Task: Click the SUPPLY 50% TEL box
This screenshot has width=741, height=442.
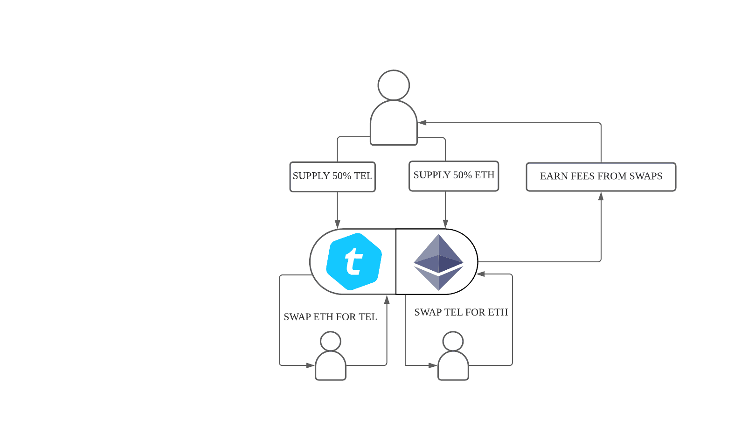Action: tap(332, 176)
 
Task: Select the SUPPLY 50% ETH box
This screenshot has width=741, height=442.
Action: tap(454, 176)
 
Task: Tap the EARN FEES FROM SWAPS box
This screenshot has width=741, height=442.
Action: tap(601, 176)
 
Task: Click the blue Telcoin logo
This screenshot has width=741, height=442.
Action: tap(354, 261)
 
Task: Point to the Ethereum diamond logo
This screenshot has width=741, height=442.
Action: tap(438, 262)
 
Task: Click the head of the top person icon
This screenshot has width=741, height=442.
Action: tap(394, 85)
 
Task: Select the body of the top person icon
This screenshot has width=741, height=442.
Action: tap(394, 124)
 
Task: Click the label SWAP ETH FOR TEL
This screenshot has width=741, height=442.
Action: tap(330, 317)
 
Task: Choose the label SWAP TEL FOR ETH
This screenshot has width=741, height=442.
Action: tap(461, 312)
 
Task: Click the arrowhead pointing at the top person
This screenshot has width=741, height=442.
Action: tap(422, 123)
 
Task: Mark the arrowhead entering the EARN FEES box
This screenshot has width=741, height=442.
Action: tap(601, 196)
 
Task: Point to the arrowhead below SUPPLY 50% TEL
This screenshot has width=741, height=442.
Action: tap(337, 224)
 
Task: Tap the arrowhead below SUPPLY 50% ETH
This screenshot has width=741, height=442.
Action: tap(446, 223)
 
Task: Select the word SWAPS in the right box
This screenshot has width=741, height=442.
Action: tap(645, 176)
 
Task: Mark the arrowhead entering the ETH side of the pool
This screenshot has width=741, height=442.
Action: tap(481, 274)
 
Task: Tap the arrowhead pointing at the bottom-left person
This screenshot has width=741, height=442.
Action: tap(310, 365)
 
